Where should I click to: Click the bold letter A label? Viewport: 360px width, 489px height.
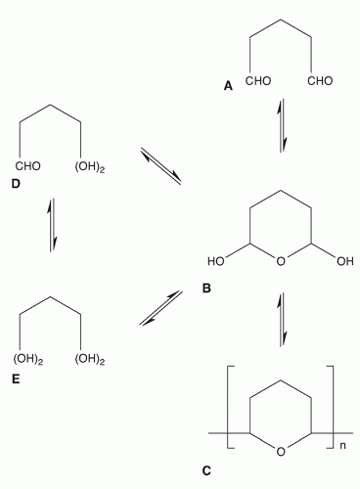click(228, 86)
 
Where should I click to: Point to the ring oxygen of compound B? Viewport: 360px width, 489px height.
click(281, 262)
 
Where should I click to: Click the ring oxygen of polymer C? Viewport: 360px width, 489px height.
click(281, 451)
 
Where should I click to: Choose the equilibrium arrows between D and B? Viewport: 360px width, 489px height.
click(160, 165)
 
